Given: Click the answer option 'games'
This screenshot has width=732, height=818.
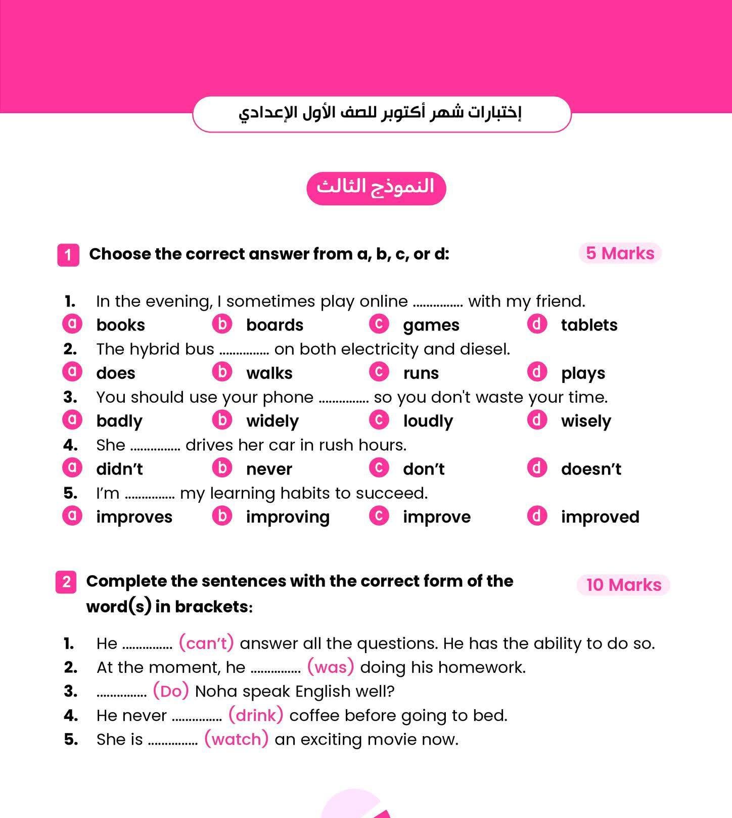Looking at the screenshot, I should pos(431,325).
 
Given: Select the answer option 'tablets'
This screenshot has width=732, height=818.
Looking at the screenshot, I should pos(589,325).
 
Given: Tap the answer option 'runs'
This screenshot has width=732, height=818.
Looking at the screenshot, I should pos(421,373).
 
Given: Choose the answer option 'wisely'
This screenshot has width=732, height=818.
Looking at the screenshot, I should pos(586,421).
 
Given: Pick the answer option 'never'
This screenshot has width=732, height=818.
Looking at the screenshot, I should pos(269,469).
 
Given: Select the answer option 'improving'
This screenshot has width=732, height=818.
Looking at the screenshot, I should pos(288,517).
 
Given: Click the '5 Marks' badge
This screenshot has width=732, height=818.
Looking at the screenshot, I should pos(620,253).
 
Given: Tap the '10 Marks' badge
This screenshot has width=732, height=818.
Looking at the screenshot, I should pos(623,585).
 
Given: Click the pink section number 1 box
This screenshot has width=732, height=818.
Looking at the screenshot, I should pos(68,254).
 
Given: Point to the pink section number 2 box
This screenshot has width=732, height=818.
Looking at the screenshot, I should pos(66,582).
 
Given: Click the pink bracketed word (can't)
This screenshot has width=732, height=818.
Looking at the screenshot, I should pos(206,643).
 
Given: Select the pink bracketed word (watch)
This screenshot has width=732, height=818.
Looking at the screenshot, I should pos(236,739).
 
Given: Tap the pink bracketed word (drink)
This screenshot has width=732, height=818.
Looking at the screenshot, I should pos(256,715).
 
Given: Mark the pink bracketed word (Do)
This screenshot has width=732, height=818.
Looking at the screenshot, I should pos(171,691).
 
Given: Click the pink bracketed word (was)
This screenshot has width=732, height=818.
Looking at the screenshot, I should pos(331,667).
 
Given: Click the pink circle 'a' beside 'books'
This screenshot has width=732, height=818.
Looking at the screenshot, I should pos(72,323).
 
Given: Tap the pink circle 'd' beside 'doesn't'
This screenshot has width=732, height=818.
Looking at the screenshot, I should pos(537,467).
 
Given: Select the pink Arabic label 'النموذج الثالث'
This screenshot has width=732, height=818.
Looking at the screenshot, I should pos(376,188).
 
